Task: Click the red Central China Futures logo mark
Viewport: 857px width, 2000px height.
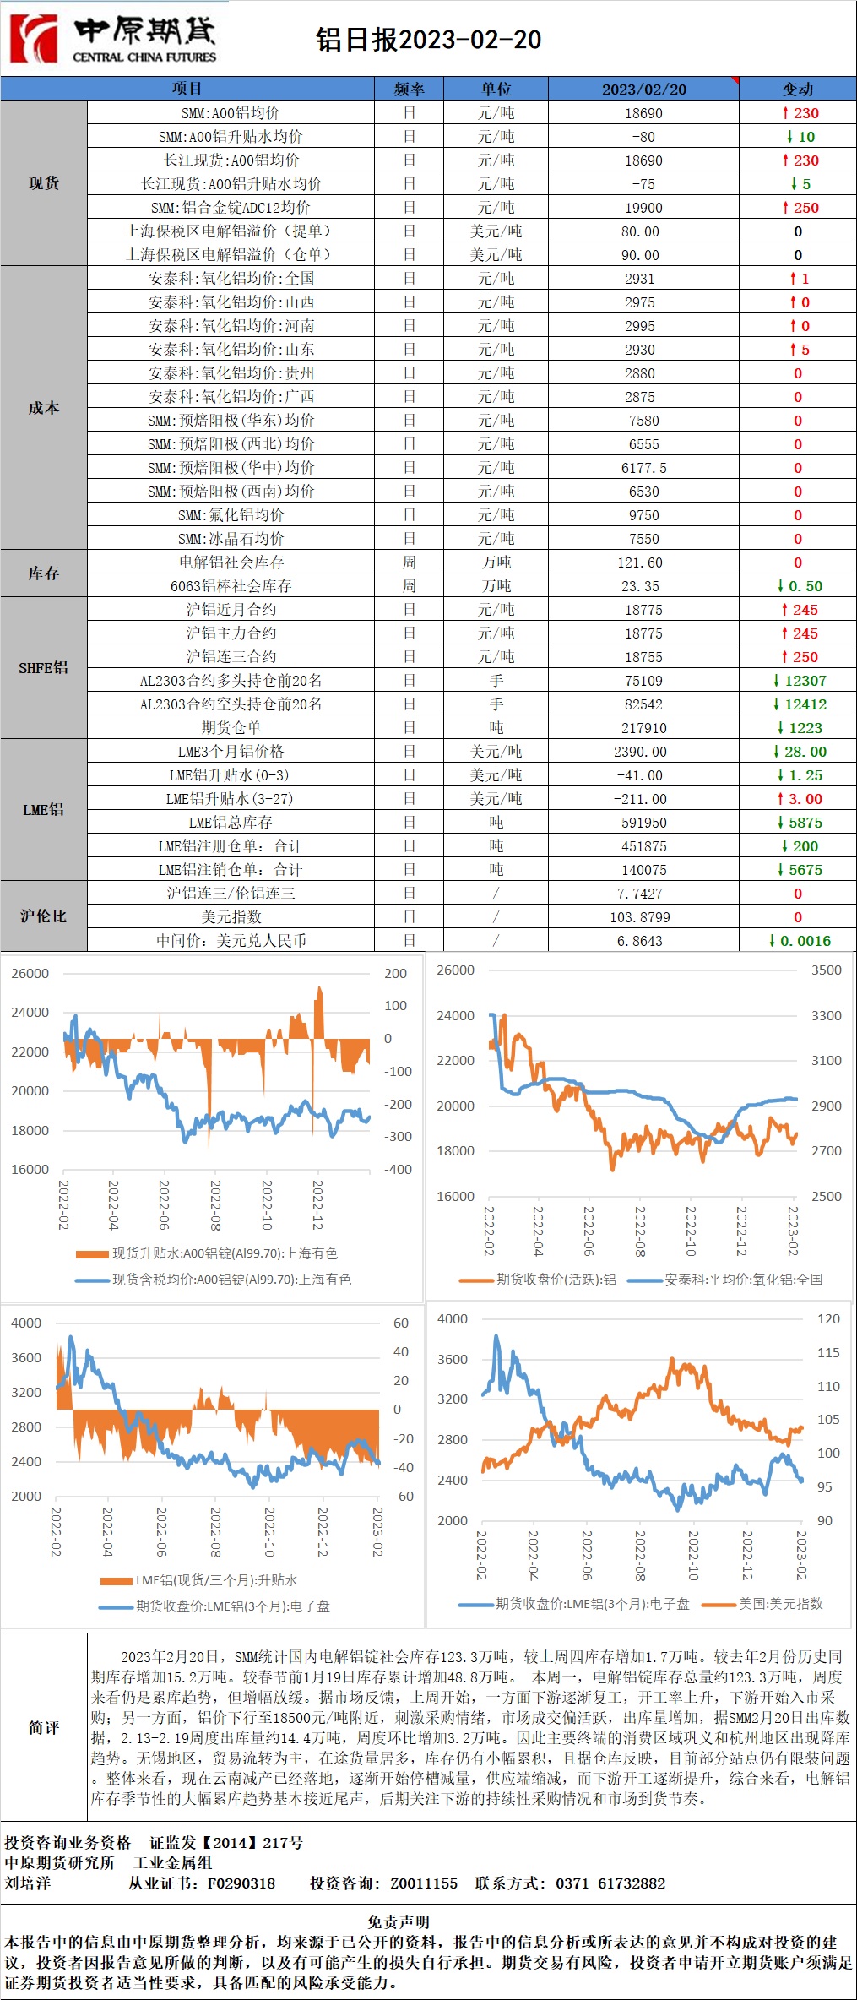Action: pyautogui.click(x=33, y=39)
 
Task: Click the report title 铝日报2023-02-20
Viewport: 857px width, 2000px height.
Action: pyautogui.click(x=428, y=40)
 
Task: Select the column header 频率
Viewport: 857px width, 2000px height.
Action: pyautogui.click(x=409, y=89)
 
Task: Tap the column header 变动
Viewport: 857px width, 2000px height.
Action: pyautogui.click(x=797, y=89)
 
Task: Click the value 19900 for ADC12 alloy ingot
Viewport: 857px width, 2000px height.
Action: pyautogui.click(x=643, y=208)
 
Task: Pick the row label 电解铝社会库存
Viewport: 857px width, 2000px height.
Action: pyautogui.click(x=231, y=562)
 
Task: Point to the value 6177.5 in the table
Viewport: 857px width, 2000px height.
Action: pyautogui.click(x=643, y=468)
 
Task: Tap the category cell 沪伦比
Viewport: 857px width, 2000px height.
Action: pyautogui.click(x=43, y=916)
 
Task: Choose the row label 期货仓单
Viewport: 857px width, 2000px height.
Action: pyautogui.click(x=231, y=728)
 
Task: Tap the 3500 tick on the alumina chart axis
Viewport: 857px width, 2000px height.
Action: pyautogui.click(x=826, y=970)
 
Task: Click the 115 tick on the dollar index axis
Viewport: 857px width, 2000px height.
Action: pyautogui.click(x=828, y=1352)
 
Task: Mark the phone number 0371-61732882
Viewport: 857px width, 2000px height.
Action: pyautogui.click(x=610, y=1883)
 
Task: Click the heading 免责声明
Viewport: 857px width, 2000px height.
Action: pyautogui.click(x=399, y=1921)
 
